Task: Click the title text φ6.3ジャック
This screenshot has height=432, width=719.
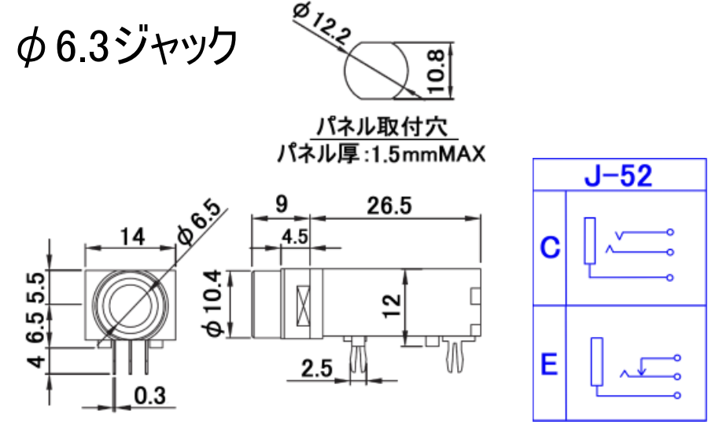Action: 127,46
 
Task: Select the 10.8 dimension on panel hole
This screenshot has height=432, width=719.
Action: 436,71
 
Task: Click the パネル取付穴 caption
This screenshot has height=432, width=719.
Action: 383,126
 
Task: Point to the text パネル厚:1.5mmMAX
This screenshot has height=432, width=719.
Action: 381,154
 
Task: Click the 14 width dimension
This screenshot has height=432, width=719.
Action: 132,236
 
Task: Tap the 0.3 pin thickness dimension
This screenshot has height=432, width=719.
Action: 150,396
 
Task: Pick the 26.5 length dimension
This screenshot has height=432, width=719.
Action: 389,206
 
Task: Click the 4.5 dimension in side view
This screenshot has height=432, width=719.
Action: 295,236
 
